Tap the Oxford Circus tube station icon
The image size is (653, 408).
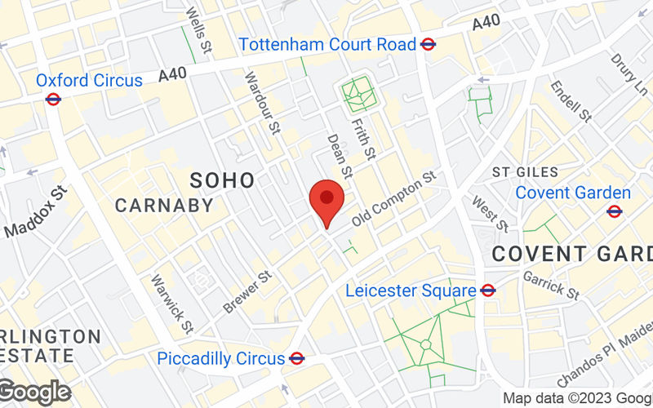(x=54, y=99)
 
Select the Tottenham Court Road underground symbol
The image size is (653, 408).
(x=427, y=45)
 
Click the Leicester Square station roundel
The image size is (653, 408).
(x=488, y=290)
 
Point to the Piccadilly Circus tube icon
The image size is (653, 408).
(x=297, y=357)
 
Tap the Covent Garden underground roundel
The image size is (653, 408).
(x=615, y=211)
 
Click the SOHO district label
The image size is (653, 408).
(x=222, y=180)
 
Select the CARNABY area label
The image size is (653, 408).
(x=164, y=205)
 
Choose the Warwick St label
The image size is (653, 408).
(x=171, y=304)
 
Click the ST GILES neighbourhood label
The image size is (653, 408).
(x=526, y=172)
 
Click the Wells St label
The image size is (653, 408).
(x=198, y=27)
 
